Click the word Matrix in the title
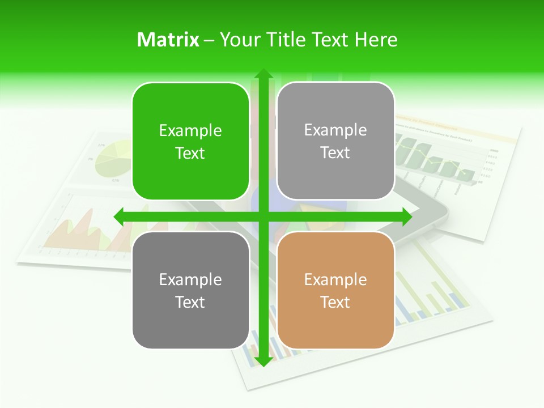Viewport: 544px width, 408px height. (168, 40)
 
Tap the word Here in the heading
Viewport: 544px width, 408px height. (376, 40)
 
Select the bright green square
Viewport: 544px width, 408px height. (190, 142)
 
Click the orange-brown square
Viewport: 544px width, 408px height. (335, 290)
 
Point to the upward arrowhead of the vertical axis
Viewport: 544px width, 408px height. (263, 74)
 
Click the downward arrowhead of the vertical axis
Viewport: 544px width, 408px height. (263, 361)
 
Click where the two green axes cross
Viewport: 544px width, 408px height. (263, 216)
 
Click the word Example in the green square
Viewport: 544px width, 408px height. (190, 131)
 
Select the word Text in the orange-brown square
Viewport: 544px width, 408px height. (335, 302)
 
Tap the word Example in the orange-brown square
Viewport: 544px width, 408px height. (335, 279)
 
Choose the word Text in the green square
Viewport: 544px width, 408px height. (190, 154)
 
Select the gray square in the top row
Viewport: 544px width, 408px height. (335, 141)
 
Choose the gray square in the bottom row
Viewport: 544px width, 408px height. (190, 290)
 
